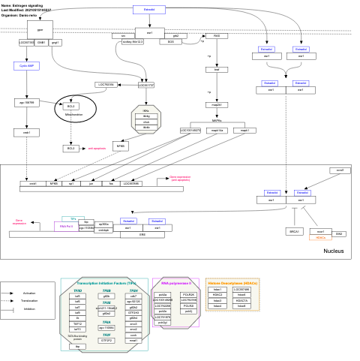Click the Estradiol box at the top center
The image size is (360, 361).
(149, 10)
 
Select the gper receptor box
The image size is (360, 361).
(40, 29)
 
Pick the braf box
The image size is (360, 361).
(217, 69)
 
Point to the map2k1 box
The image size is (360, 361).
(217, 104)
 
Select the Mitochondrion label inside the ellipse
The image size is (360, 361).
(73, 115)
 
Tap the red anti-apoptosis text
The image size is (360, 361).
(98, 149)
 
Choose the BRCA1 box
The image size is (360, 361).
(295, 232)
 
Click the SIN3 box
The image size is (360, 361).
(339, 234)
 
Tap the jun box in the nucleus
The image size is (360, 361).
(91, 183)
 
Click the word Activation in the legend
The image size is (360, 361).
(29, 293)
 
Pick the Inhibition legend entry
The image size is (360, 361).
(29, 308)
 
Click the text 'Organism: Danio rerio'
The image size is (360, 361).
(20, 15)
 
